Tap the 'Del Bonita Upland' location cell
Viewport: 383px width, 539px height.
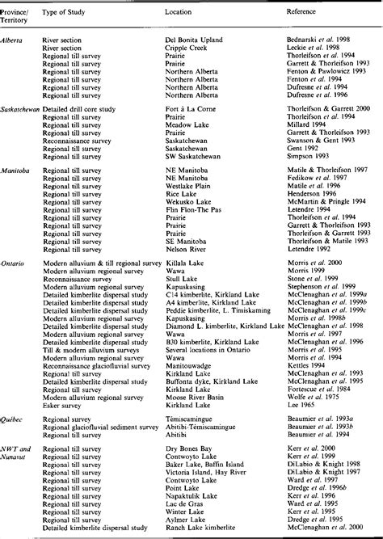click(196, 39)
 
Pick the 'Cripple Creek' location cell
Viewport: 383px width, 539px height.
click(188, 47)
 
